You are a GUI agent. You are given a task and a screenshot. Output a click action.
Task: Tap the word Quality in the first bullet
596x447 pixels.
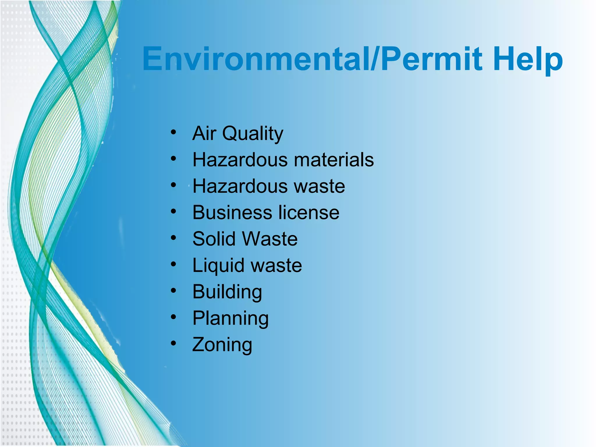click(253, 134)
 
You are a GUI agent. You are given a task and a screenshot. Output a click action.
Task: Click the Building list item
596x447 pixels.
click(227, 292)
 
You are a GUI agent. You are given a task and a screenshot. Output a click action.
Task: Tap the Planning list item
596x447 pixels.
click(230, 318)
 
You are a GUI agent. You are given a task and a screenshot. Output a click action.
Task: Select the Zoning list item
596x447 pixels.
click(222, 345)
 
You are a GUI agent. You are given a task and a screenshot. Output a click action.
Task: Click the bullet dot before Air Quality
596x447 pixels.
click(173, 132)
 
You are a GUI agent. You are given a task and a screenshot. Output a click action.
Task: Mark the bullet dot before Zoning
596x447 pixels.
click(173, 343)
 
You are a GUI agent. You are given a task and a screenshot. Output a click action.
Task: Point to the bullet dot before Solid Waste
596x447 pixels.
click(173, 238)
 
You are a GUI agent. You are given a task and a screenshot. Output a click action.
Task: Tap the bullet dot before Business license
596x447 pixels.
click(173, 212)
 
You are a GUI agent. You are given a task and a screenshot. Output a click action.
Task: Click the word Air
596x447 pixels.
click(204, 134)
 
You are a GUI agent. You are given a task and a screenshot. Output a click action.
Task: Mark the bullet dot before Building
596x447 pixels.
click(173, 290)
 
